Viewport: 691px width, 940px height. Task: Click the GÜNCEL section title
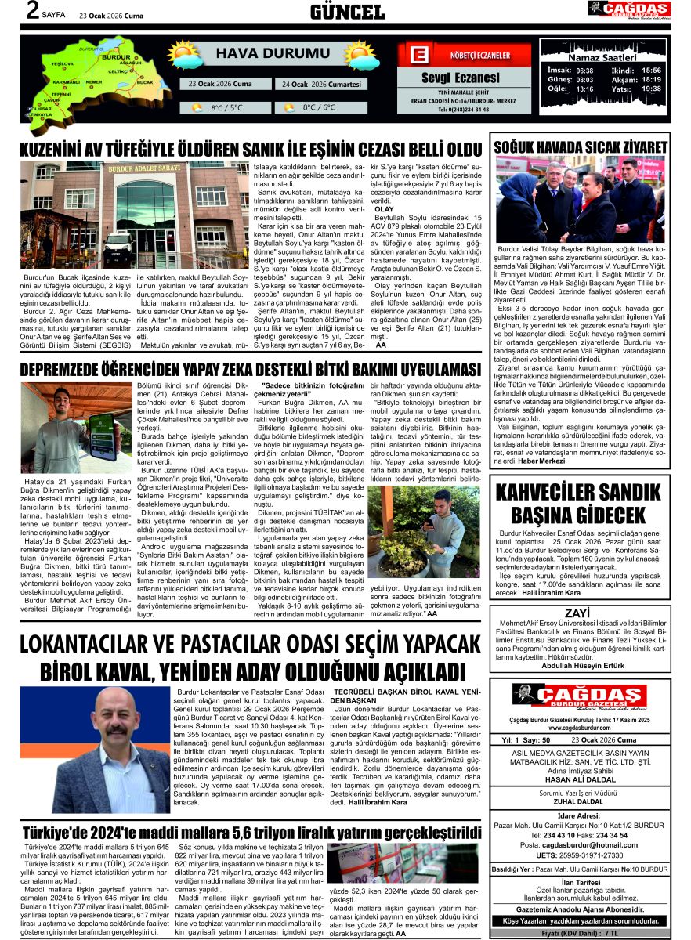coord(347,11)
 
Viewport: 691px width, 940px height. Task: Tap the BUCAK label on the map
coord(144,81)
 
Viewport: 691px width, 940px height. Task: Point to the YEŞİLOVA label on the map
coord(62,63)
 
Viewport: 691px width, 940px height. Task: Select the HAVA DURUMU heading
coord(260,53)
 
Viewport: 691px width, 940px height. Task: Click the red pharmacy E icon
coord(420,56)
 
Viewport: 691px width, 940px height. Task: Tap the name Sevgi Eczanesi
coord(460,78)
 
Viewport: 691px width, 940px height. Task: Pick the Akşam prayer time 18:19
coord(651,79)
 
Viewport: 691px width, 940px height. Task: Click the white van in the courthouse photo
coord(118,246)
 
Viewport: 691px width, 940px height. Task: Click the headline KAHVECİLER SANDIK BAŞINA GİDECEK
coord(581,503)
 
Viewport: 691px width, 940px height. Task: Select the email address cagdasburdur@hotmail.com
coord(590,845)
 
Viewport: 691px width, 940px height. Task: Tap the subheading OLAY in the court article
coord(384,209)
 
